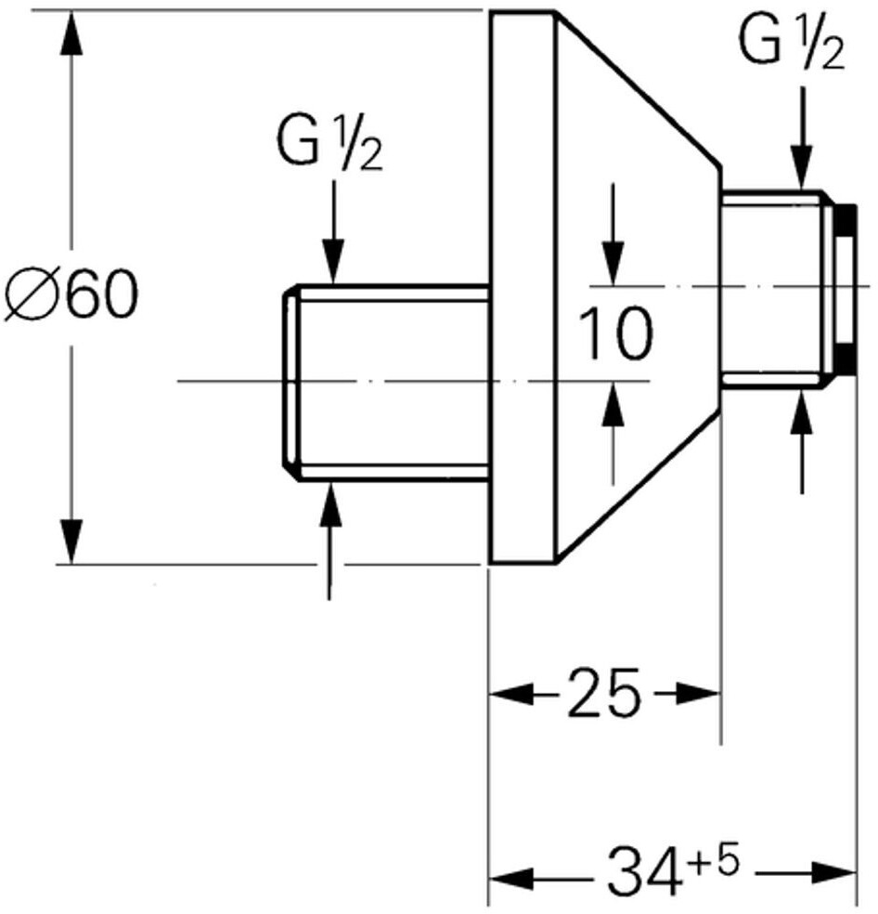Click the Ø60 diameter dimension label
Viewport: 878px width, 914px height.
tap(71, 295)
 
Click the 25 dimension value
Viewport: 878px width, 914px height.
tap(603, 693)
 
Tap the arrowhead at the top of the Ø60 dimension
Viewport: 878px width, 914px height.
tap(71, 33)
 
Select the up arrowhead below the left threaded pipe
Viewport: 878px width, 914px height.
tap(330, 503)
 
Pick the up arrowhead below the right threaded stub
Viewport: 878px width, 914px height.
tap(802, 412)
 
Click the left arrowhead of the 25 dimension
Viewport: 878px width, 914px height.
tap(511, 694)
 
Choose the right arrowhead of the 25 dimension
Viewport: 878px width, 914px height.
tap(699, 694)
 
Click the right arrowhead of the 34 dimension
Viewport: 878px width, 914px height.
tap(834, 874)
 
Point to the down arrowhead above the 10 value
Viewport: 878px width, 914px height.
tap(613, 263)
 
